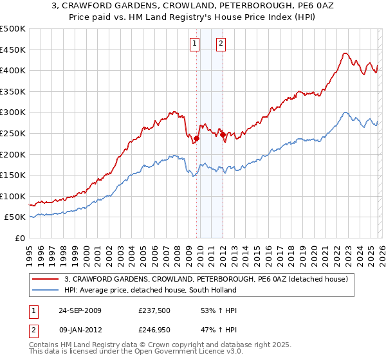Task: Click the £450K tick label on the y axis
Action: [13, 50]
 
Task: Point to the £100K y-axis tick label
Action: [13, 196]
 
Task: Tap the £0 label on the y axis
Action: [19, 239]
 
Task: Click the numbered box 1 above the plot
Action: [195, 44]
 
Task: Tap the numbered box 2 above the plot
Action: [221, 44]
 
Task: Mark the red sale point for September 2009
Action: [197, 138]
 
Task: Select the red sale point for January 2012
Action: [223, 134]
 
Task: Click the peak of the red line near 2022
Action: [345, 53]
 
